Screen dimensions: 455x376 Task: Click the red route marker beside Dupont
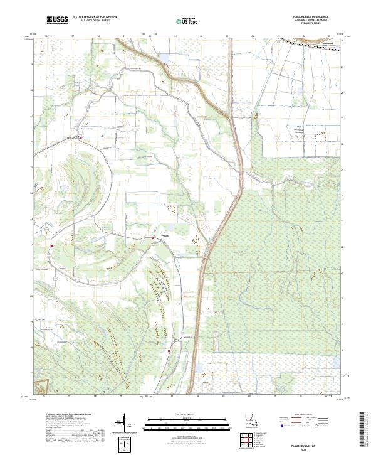coord(152,238)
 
